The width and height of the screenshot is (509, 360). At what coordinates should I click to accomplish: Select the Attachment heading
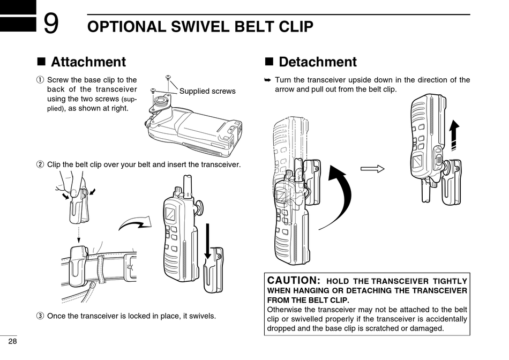[x=88, y=62]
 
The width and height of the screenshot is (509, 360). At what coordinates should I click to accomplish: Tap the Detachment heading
[x=318, y=62]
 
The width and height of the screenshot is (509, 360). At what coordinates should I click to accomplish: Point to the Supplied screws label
[x=207, y=91]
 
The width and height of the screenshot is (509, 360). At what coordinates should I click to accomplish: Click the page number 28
[x=12, y=342]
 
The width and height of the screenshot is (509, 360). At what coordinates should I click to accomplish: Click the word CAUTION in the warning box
[x=293, y=280]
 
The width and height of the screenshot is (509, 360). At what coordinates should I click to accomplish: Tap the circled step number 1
[x=40, y=80]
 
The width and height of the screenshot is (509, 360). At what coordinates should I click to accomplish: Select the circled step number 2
[x=40, y=164]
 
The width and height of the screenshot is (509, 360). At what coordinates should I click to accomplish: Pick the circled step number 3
[x=40, y=316]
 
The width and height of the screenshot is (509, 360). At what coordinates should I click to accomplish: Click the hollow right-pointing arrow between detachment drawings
[x=372, y=169]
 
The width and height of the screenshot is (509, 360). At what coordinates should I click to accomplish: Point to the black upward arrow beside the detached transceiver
[x=454, y=136]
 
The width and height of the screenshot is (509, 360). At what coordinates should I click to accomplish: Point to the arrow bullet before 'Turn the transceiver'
[x=269, y=80]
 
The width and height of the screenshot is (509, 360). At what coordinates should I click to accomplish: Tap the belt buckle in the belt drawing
[x=130, y=267]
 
